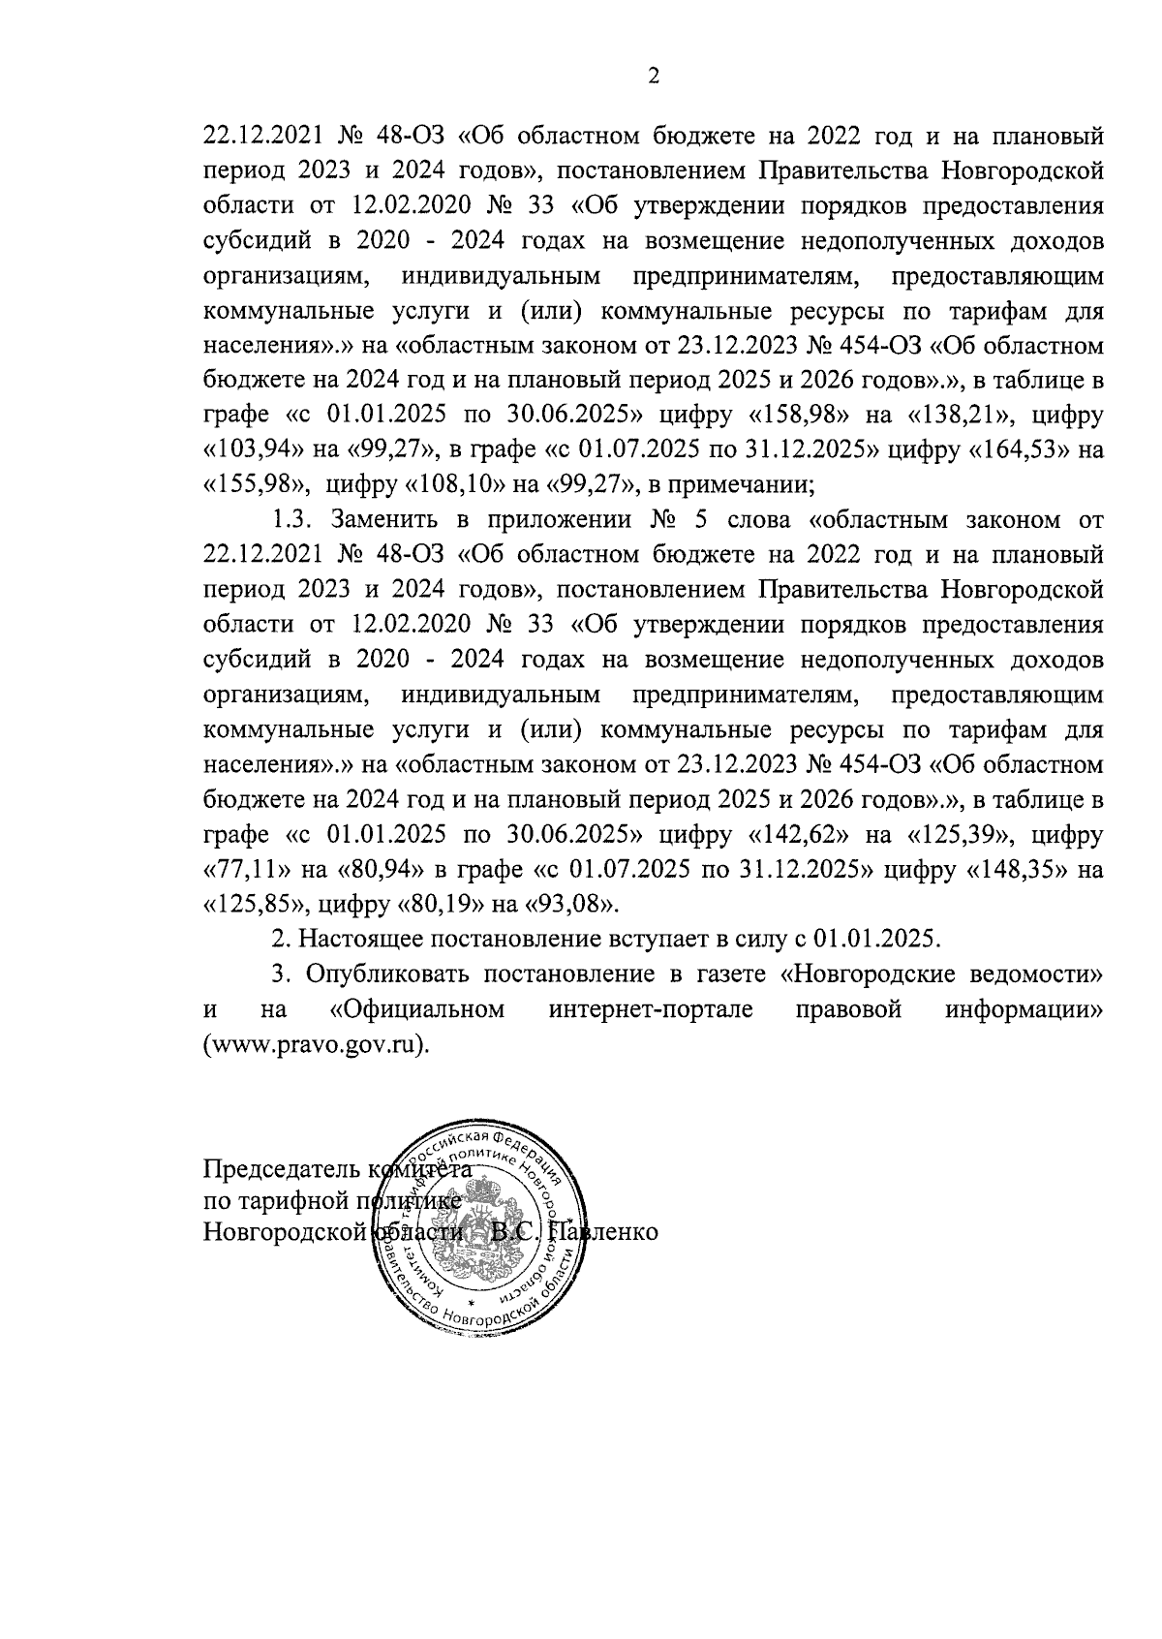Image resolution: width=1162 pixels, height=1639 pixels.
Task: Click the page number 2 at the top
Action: pyautogui.click(x=653, y=77)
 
